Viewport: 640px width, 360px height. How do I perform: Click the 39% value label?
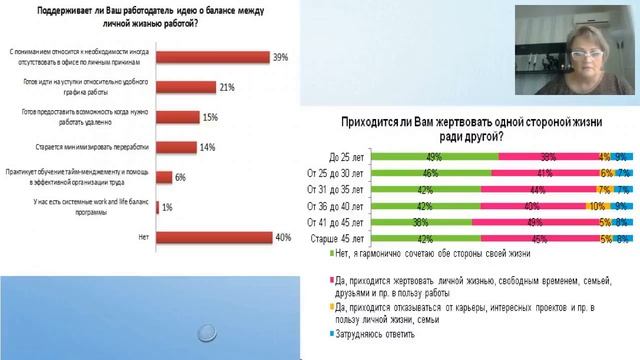pyautogui.click(x=281, y=57)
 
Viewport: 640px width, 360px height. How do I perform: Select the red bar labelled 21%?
pyautogui.click(x=201, y=87)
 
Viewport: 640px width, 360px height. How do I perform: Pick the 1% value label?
pyautogui.click(x=168, y=207)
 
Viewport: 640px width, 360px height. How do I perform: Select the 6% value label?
pyautogui.click(x=181, y=177)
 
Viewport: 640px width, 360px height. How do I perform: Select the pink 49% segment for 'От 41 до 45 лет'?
pyautogui.click(x=535, y=223)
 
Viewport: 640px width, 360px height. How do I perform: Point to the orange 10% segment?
pyautogui.click(x=594, y=206)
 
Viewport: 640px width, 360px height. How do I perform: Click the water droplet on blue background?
pyautogui.click(x=208, y=331)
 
